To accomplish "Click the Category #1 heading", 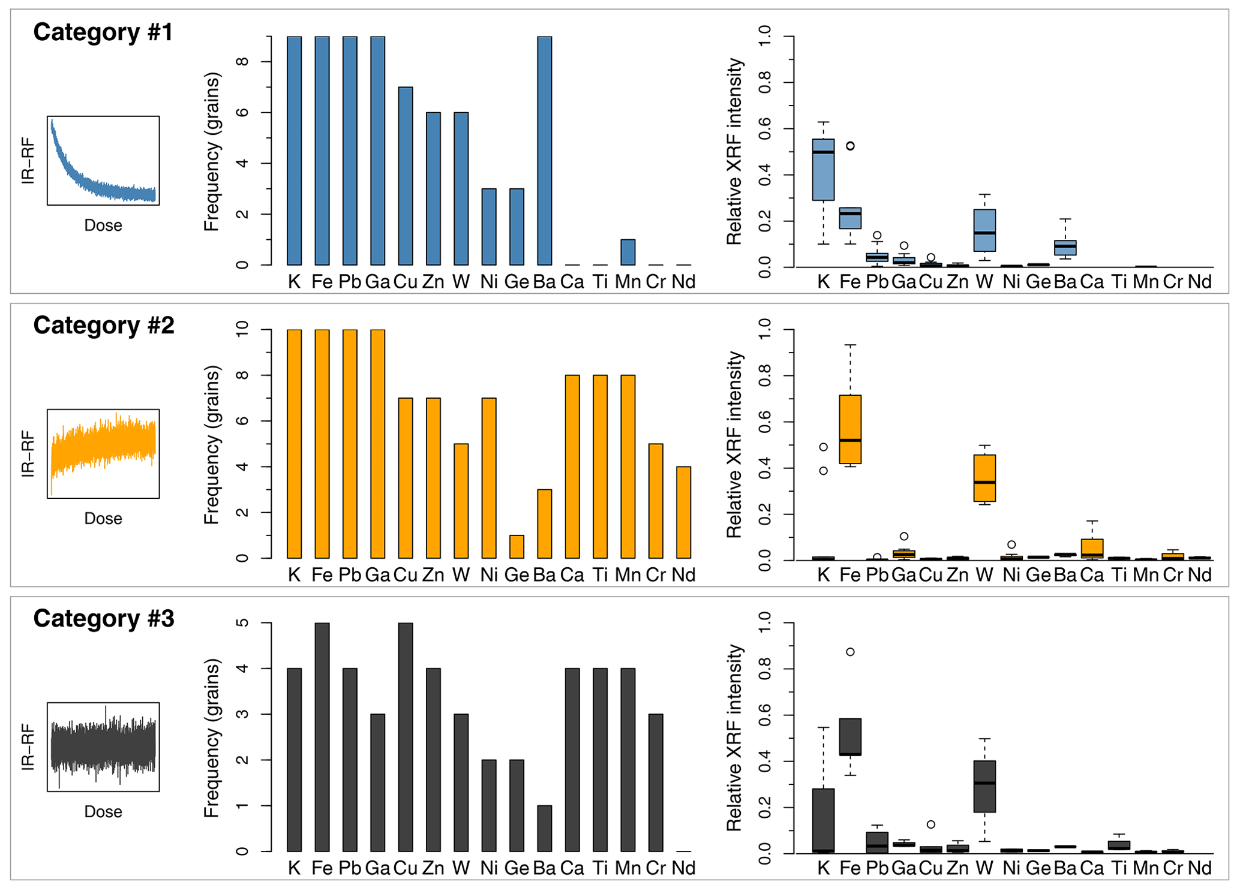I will [x=103, y=32].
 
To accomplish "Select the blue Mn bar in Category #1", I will [x=627, y=252].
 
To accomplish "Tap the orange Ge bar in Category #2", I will [x=517, y=547].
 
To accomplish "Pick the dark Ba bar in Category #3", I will [x=544, y=828].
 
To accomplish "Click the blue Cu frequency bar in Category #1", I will [x=406, y=176].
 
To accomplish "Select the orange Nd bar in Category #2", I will [x=683, y=513].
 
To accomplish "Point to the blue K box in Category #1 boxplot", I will [x=823, y=170].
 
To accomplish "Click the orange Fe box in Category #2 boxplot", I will [x=850, y=429].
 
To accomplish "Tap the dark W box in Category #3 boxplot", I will [x=984, y=787].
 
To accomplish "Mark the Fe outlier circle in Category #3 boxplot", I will [x=850, y=652].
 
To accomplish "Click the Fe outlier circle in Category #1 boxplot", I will [x=850, y=146].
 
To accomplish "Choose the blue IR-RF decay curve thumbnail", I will [x=103, y=161].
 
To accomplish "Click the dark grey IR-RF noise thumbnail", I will [x=103, y=747].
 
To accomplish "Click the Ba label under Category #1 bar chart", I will [x=544, y=282].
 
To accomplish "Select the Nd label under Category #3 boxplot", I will [x=1199, y=868].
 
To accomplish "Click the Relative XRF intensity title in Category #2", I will [x=735, y=444].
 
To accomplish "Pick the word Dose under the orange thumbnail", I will [x=103, y=519].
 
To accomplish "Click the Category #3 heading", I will [x=104, y=619].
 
